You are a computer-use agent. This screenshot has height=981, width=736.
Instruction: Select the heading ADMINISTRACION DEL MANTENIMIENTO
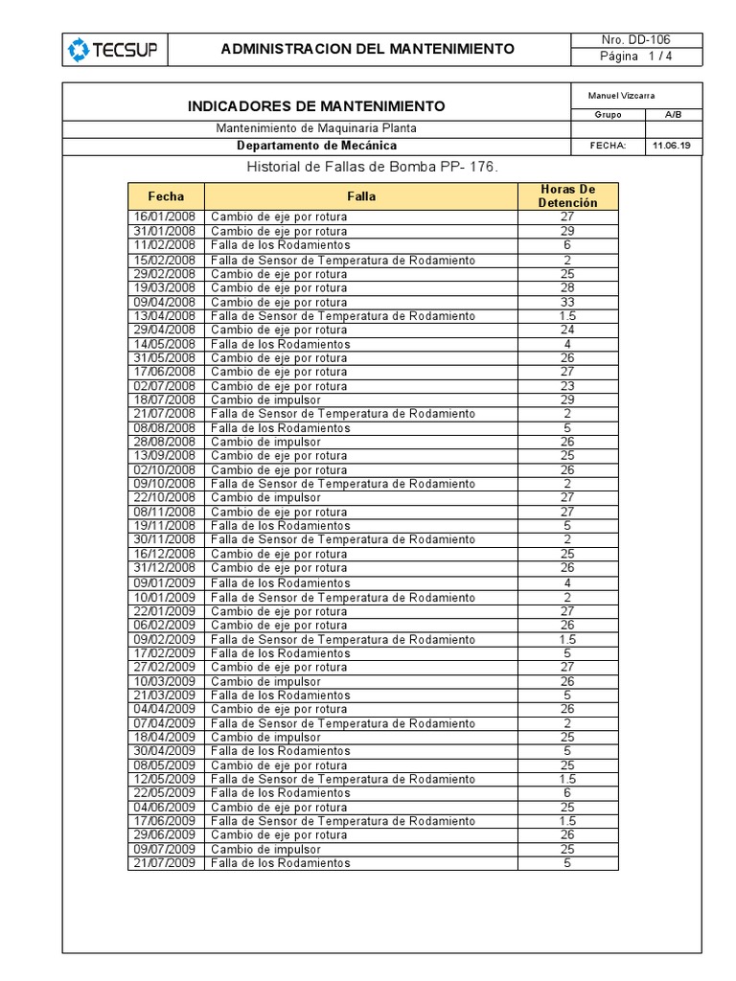point(368,49)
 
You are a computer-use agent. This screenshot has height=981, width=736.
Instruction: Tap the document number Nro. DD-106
point(635,40)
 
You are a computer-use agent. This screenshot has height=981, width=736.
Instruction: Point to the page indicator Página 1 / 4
point(635,57)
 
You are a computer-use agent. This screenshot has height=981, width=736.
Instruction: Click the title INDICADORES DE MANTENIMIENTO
point(316,105)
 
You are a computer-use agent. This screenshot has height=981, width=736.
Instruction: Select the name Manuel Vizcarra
point(621,96)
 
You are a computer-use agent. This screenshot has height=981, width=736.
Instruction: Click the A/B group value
point(674,115)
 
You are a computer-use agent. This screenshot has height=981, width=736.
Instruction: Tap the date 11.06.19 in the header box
point(670,146)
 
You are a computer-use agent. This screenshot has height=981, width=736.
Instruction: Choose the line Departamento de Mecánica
point(316,146)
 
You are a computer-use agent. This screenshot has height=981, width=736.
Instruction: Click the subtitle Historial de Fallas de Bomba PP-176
point(373,168)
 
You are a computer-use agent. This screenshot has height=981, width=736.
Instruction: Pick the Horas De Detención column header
point(567,196)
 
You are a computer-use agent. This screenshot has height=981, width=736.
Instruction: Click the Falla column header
point(361,196)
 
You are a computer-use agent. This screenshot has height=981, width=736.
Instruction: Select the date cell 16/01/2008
point(164,217)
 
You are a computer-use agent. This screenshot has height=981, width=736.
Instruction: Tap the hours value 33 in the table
point(567,302)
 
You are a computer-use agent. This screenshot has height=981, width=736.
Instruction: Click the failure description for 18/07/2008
point(266,399)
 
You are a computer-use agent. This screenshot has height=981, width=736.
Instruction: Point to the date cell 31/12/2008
point(164,568)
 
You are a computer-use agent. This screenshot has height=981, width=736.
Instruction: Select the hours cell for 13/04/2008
point(567,316)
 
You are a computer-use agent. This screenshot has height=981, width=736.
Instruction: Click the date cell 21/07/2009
point(164,863)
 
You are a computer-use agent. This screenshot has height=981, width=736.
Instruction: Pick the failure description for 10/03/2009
point(266,681)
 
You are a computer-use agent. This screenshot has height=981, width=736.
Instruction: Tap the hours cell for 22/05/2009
point(567,793)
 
